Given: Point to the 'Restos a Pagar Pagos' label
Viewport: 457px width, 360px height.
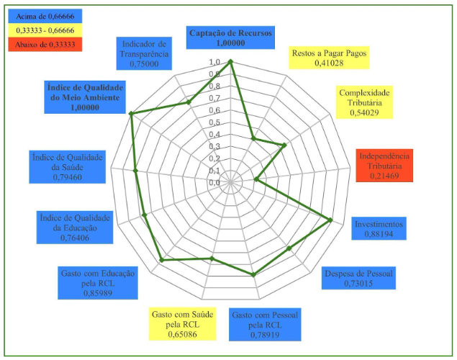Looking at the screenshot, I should click(330, 58).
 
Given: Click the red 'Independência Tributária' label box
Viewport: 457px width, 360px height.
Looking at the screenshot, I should click(385, 164).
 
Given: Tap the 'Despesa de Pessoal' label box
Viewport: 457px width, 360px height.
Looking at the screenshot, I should click(359, 278).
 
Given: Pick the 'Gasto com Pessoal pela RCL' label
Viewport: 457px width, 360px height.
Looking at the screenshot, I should click(266, 324).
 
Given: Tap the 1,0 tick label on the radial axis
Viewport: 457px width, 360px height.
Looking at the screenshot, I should click(215, 62).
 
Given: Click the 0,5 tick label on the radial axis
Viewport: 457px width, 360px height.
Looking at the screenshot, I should click(215, 122).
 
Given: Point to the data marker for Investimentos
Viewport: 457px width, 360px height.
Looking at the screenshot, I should click(330, 220).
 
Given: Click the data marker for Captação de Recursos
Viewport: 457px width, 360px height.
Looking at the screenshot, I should click(231, 62).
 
